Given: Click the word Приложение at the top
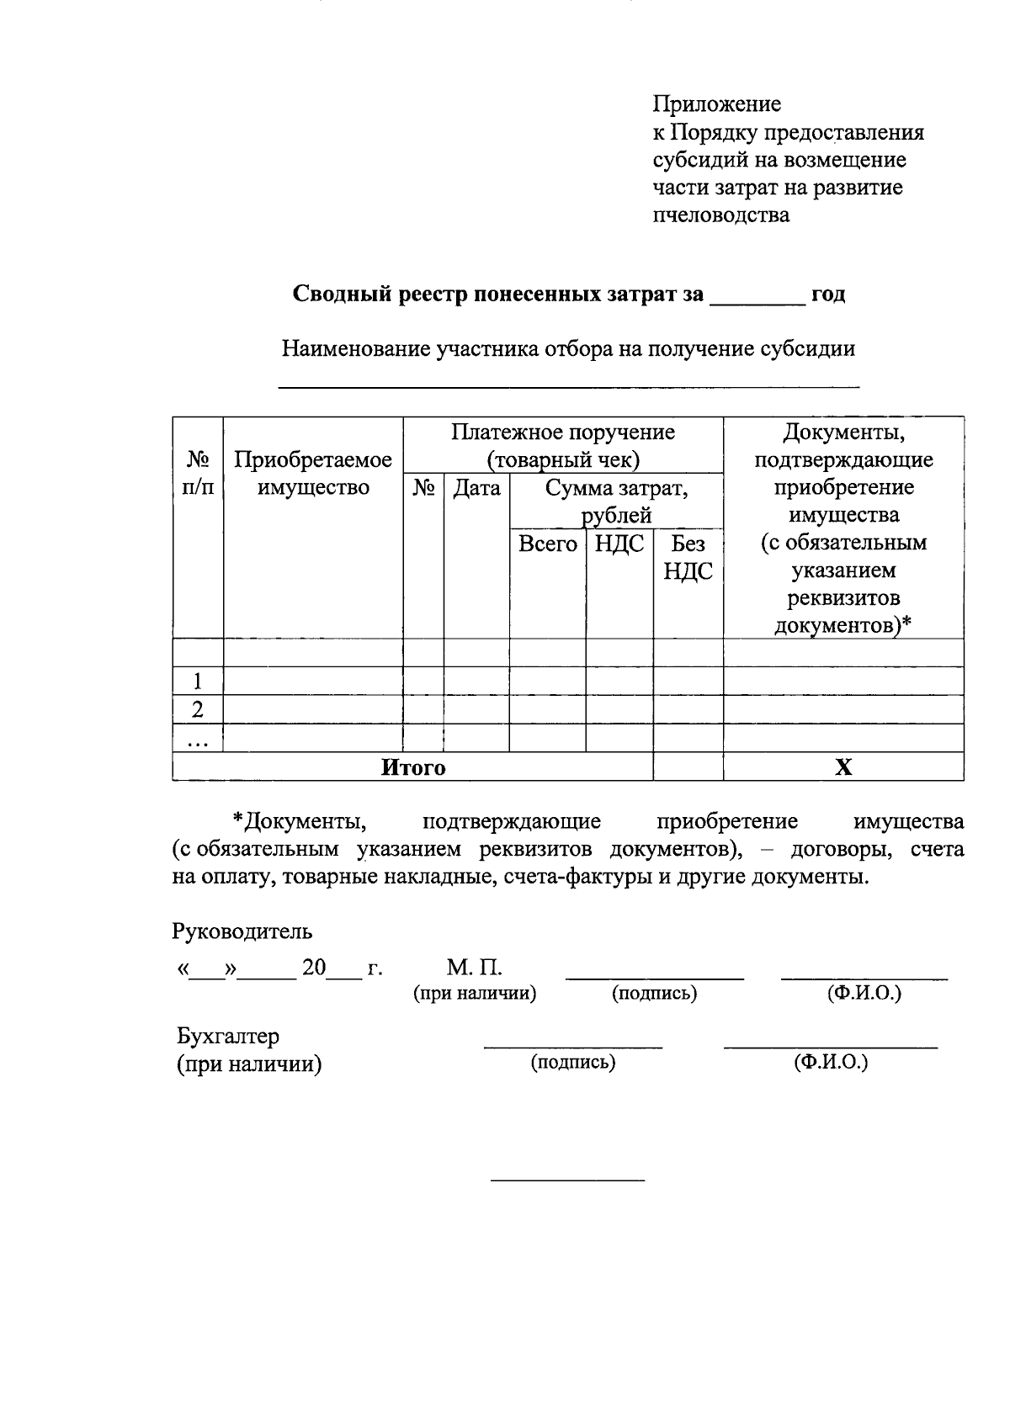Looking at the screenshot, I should pyautogui.click(x=716, y=104).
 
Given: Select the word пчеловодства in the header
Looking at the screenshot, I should pyautogui.click(x=721, y=215).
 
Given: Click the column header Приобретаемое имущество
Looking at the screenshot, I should pyautogui.click(x=313, y=474).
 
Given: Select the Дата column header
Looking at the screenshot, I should pyautogui.click(x=476, y=488).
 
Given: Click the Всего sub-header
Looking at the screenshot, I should pyautogui.click(x=547, y=544).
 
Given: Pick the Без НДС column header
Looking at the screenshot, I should pyautogui.click(x=688, y=557).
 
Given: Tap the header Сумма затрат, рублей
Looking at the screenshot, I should pyautogui.click(x=616, y=501).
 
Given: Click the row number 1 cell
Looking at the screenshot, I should pyautogui.click(x=198, y=681).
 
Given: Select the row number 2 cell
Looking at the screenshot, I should pyautogui.click(x=198, y=709).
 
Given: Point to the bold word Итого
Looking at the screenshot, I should pyautogui.click(x=413, y=767).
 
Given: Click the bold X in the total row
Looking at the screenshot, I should pyautogui.click(x=843, y=767).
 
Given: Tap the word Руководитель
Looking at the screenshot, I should pyautogui.click(x=242, y=931).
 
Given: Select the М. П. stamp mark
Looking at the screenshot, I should pyautogui.click(x=474, y=968).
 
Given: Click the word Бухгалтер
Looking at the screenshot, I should pyautogui.click(x=228, y=1036).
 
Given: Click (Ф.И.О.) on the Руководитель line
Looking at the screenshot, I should pyautogui.click(x=864, y=994).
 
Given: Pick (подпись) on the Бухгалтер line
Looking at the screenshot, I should pyautogui.click(x=573, y=1063).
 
